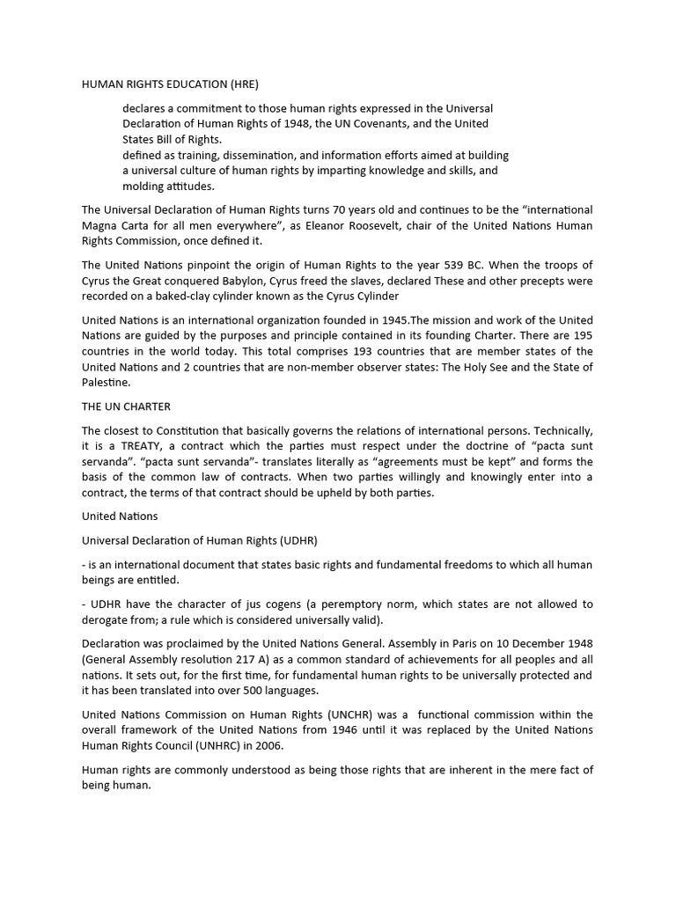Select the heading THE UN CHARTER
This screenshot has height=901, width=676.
tap(126, 407)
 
